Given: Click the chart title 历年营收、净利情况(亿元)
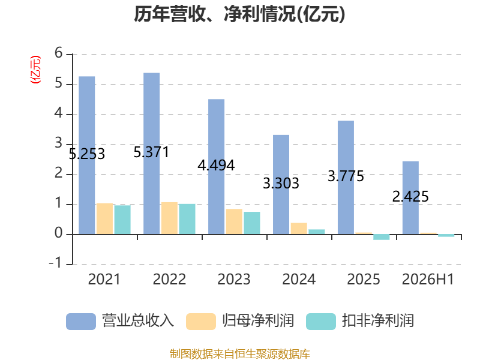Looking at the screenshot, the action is pos(239,14).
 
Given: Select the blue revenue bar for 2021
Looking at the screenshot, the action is pos(86,155).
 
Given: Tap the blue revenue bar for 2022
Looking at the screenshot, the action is pos(152,154).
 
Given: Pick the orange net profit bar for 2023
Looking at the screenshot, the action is pos(234,221).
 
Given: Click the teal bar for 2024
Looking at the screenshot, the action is pos(317,232).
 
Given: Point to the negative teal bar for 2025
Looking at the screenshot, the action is pos(382,237).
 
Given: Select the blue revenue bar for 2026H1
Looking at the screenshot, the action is pos(410,198).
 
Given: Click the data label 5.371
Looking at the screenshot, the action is pos(151,152).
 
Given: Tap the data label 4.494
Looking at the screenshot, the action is pos(216,166).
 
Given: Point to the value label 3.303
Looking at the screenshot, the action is pos(281,183).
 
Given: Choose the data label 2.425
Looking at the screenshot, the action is pos(410,196).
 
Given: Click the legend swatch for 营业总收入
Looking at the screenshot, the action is pos(81,322).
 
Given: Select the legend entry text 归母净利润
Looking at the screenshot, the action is pos(258,321).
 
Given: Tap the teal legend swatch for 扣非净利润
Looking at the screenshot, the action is pos(321,322).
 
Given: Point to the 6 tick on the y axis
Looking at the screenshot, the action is pos(58,53).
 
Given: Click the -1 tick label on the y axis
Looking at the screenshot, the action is pos(55,263).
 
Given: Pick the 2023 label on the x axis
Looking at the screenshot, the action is pos(234,279).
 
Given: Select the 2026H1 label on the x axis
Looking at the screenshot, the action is pos(428,279).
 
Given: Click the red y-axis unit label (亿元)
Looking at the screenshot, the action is pos(35,70).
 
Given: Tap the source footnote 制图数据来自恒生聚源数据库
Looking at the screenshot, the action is pos(240,353).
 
